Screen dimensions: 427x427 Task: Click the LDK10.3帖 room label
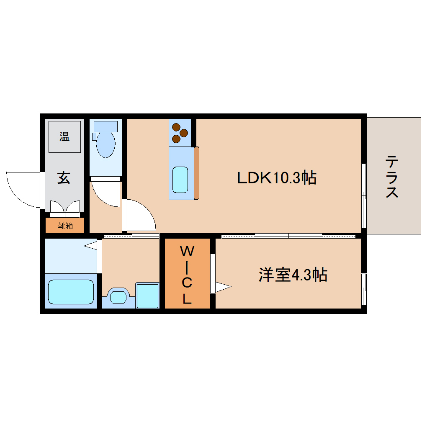276,178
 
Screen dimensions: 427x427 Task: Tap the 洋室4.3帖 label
292,275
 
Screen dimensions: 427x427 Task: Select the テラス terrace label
392,176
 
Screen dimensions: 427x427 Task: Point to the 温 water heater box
64,136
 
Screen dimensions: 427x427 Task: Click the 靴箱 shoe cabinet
65,225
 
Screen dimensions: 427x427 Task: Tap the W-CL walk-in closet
187,275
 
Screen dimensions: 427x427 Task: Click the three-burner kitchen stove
180,132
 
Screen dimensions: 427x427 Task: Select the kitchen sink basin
180,180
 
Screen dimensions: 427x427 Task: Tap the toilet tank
105,126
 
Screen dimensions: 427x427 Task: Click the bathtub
70,292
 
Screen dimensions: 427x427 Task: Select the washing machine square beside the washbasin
147,296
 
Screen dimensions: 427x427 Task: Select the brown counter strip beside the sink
197,172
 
